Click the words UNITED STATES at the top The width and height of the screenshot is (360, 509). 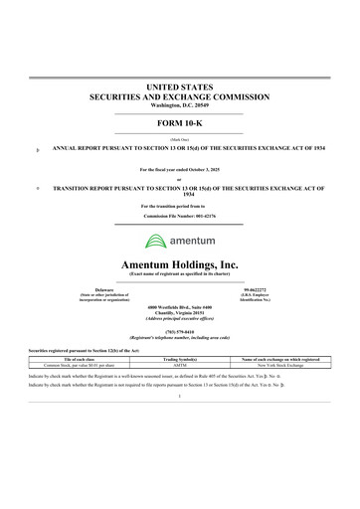179,89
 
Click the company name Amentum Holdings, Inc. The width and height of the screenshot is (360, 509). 179,263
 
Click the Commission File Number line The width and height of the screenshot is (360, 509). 179,215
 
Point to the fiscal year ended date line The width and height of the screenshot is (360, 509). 179,170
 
